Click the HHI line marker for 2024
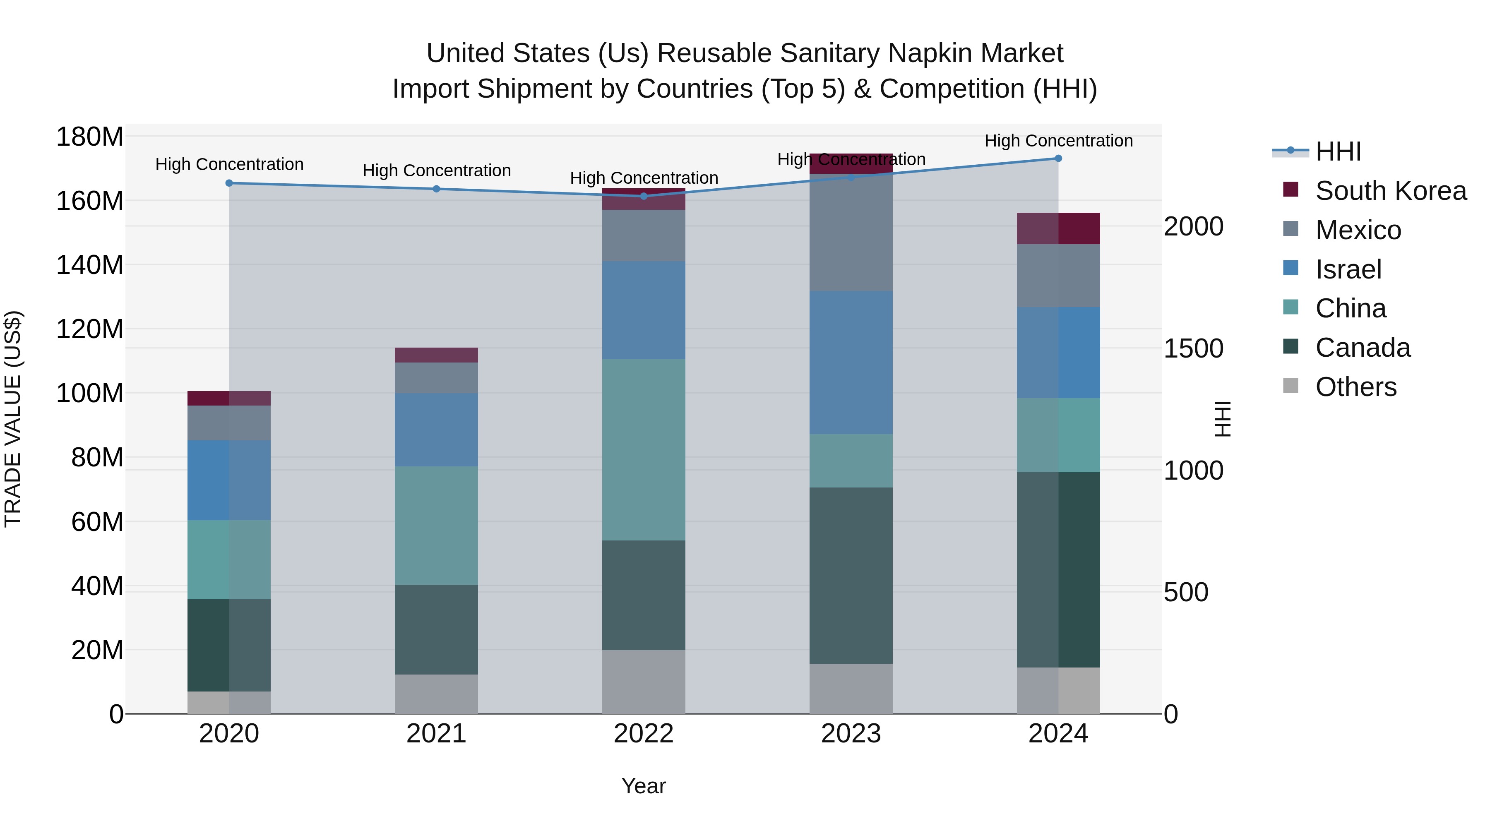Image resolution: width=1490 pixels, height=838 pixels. point(1058,158)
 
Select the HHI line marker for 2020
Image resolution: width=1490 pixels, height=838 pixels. point(229,183)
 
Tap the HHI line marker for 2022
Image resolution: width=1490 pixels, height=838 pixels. point(644,196)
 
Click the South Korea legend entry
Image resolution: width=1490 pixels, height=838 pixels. point(1391,190)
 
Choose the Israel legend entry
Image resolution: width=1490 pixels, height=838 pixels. point(1348,269)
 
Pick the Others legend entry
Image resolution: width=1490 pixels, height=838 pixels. point(1356,387)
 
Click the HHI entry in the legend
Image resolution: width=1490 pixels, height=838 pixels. point(1338,151)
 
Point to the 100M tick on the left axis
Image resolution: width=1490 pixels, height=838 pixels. point(90,393)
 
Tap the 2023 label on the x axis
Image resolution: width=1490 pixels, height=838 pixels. point(851,734)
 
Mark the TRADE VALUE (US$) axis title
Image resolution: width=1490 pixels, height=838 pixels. point(13,419)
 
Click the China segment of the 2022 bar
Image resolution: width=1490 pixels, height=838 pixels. point(644,449)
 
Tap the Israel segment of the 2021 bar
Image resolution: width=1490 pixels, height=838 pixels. point(436,429)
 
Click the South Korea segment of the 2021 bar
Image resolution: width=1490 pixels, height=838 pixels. point(436,355)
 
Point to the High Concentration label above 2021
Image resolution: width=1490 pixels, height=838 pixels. point(437,170)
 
